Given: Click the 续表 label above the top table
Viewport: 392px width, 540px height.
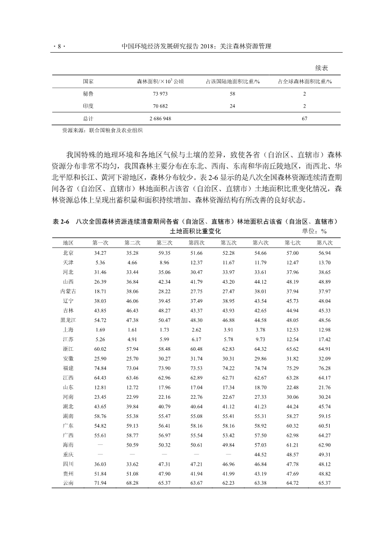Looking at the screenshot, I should coord(322,68).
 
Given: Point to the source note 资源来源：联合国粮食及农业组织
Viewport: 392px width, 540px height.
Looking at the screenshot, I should coord(102,131).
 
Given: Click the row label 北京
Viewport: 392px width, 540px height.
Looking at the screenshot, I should coord(68,253).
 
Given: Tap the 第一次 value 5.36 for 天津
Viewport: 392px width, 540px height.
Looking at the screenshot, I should coord(99,263).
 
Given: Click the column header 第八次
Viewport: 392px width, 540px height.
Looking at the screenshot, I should coord(324,242).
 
